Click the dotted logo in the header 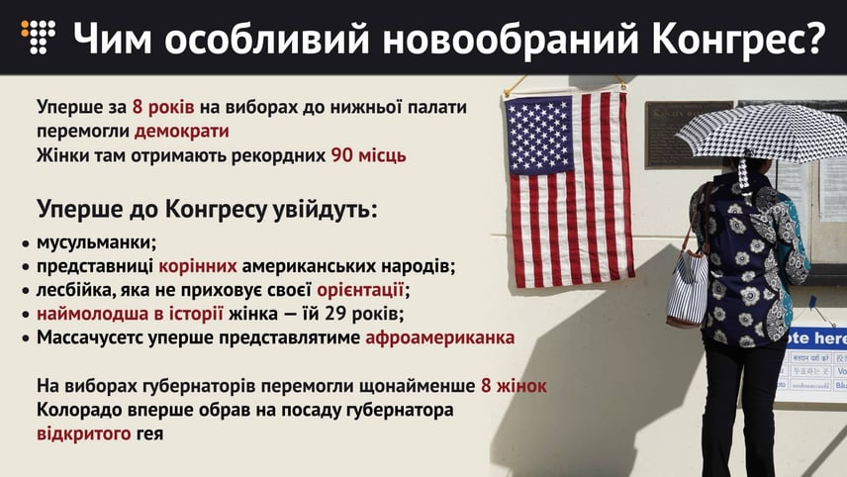[x=38, y=37]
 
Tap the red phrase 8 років [x=163, y=107]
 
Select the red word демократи [x=181, y=131]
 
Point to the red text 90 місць [x=368, y=155]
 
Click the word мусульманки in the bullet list [x=96, y=242]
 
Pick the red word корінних [x=198, y=266]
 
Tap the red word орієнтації [x=360, y=290]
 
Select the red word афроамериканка [x=440, y=337]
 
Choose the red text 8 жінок [x=514, y=386]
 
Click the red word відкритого [x=84, y=433]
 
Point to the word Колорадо [x=79, y=410]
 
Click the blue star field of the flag [x=538, y=135]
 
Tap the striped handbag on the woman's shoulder [x=687, y=286]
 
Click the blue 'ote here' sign [x=815, y=338]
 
